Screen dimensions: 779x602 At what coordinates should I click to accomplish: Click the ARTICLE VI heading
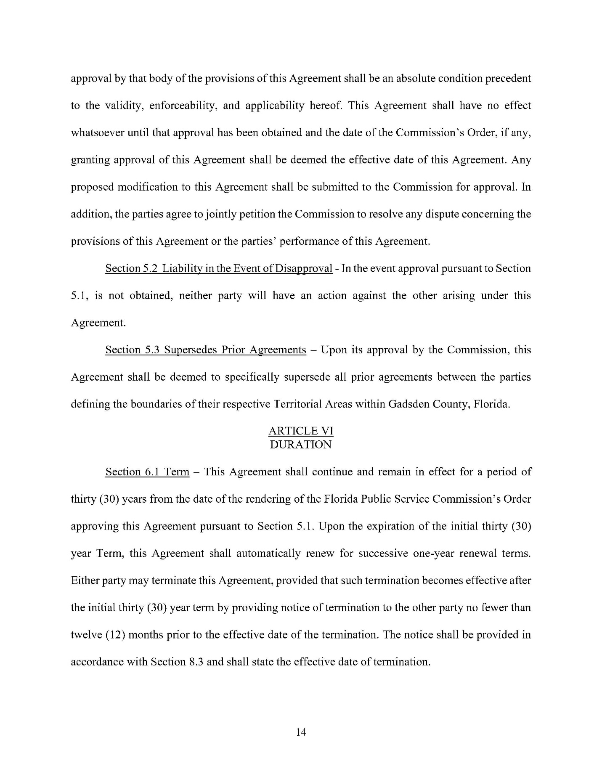tap(300, 431)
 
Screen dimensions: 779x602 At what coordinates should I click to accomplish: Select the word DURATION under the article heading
tap(300, 445)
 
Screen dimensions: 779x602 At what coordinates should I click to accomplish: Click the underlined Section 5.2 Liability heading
tap(219, 268)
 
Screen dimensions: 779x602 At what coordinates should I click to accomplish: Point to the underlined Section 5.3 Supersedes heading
tap(205, 350)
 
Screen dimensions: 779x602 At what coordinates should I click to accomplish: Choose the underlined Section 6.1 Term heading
tap(147, 472)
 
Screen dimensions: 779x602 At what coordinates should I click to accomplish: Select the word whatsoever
tap(95, 133)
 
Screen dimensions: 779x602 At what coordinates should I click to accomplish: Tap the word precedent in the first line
tap(508, 79)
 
